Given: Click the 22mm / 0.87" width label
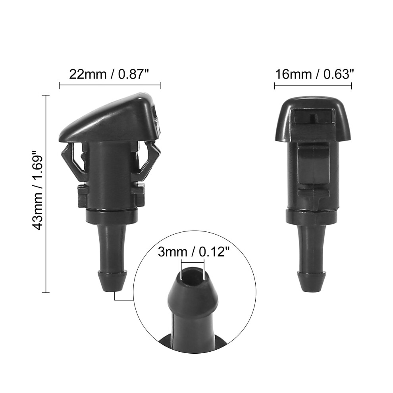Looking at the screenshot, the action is click(x=109, y=74).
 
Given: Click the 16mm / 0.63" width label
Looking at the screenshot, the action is click(x=314, y=74).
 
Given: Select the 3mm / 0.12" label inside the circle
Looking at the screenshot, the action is click(x=194, y=252).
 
